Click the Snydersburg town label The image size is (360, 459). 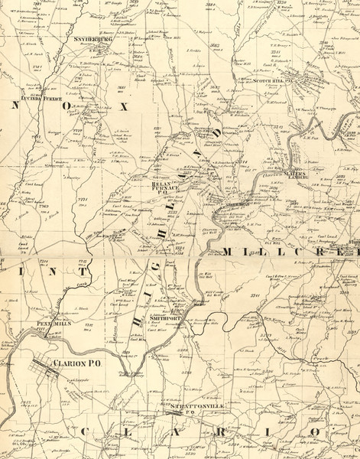point(94,38)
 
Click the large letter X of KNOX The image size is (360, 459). point(123,107)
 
